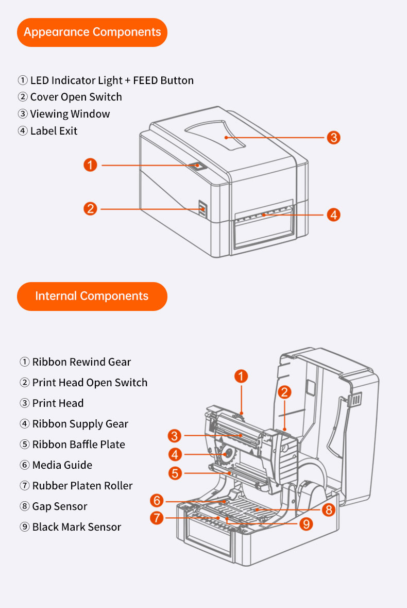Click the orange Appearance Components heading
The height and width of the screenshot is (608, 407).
92,32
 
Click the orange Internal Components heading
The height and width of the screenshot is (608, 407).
92,296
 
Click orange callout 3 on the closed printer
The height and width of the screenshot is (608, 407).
333,137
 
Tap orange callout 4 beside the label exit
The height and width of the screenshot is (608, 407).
333,215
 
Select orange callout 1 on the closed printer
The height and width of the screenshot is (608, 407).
90,165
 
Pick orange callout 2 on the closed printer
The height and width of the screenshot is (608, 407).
90,209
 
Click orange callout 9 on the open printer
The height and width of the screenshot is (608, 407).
306,523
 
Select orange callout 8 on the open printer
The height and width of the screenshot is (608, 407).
328,510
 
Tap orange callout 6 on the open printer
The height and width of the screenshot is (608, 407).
157,500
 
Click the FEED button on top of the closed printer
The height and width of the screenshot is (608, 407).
199,166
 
